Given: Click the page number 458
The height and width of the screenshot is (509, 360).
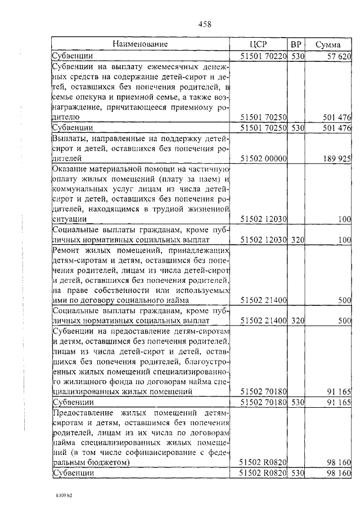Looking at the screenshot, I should tap(205, 24).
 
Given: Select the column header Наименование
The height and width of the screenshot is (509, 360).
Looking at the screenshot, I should tap(140, 44).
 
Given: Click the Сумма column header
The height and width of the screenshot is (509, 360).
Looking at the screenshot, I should tap(327, 44).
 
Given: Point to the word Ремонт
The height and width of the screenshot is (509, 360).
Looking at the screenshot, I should tap(67, 250).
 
